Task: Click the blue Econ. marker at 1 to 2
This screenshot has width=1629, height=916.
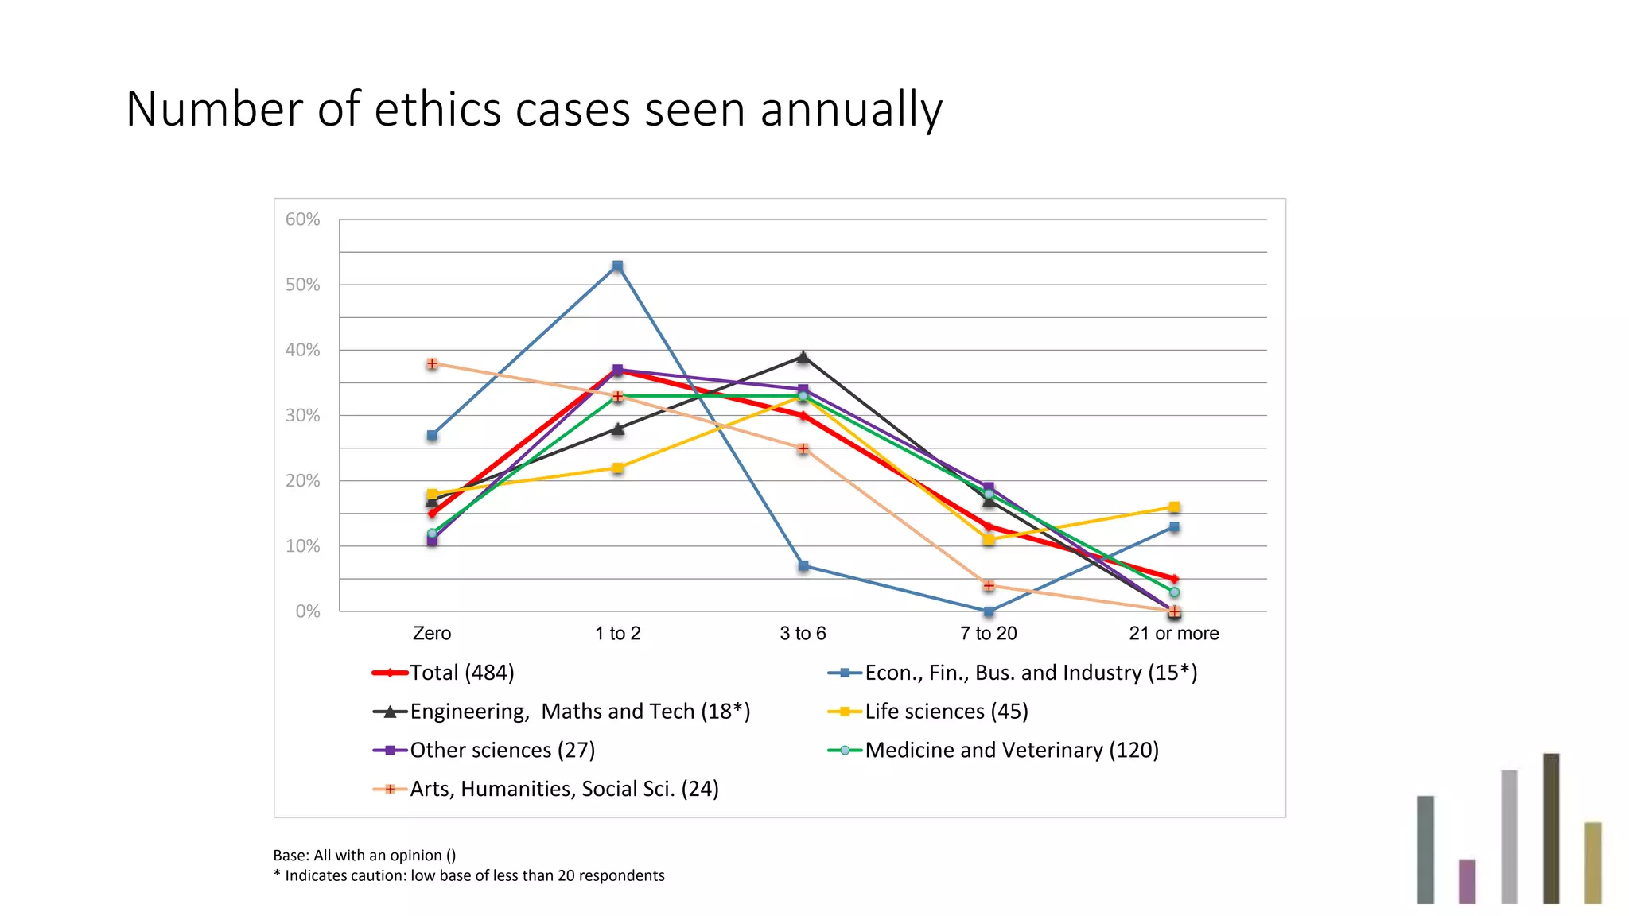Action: click(x=617, y=266)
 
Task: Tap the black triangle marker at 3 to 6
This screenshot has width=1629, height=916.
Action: click(x=803, y=357)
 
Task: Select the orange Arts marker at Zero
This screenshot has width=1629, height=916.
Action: click(x=432, y=363)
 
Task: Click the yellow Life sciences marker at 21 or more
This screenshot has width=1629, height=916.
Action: click(x=1174, y=507)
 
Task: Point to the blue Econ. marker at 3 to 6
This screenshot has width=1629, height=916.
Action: click(x=803, y=566)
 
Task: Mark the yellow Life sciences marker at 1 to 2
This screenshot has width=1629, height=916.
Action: click(x=617, y=468)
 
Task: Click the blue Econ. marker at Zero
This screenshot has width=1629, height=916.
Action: click(x=432, y=435)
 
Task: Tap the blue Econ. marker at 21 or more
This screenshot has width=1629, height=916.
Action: click(x=1174, y=527)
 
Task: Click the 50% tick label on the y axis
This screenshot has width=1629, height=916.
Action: click(x=302, y=285)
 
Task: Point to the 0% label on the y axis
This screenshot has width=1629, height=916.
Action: click(x=307, y=611)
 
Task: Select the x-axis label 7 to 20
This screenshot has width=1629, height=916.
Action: click(x=988, y=634)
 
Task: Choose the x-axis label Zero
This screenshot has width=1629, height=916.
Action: click(x=432, y=634)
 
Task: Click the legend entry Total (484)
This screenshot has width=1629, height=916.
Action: click(x=461, y=673)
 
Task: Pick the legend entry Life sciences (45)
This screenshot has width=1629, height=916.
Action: click(x=946, y=712)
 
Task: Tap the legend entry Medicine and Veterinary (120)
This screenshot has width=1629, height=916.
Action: click(x=1011, y=751)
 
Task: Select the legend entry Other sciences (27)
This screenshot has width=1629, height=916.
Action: click(x=502, y=751)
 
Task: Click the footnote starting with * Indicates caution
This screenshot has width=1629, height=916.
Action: click(x=468, y=875)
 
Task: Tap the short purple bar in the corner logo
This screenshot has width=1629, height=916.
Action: click(x=1467, y=881)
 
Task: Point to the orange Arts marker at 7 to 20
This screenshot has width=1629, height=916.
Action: click(x=988, y=586)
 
